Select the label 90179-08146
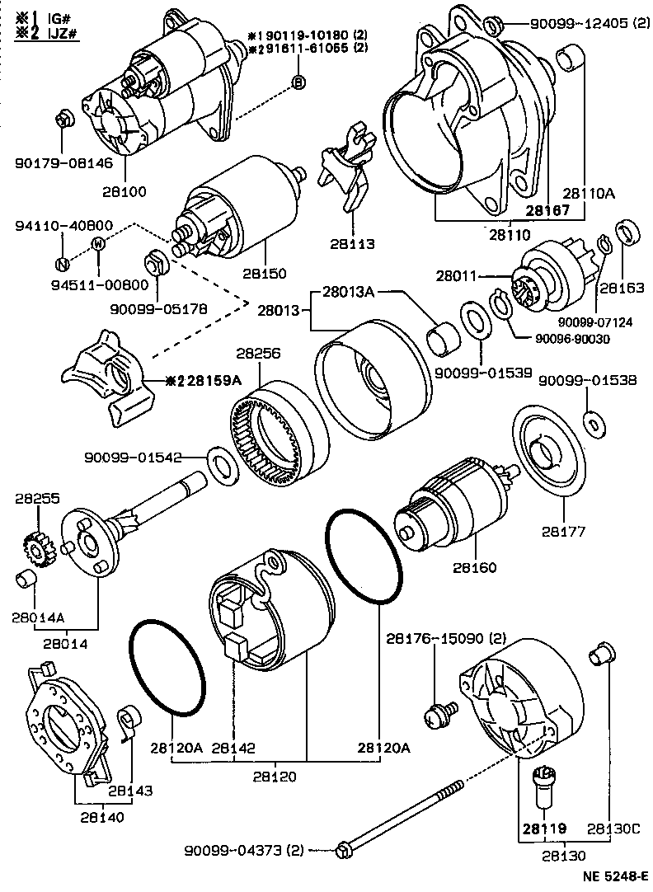(x=63, y=162)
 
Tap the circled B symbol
(x=298, y=81)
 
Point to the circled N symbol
(x=62, y=264)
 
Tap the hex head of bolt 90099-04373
(x=343, y=849)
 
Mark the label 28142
(x=233, y=748)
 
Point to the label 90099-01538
(x=576, y=381)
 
